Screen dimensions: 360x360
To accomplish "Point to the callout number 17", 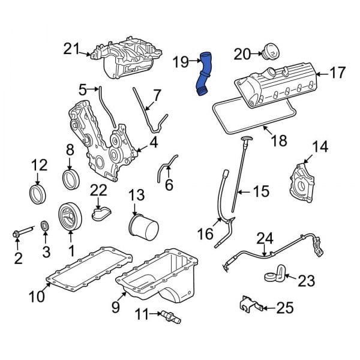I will click(338, 73).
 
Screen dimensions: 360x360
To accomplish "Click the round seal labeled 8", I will click(70, 178).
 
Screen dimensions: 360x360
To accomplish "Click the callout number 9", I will click(115, 308).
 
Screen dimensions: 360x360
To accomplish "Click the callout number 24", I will click(265, 239).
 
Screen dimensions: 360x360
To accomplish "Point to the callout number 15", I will click(261, 191).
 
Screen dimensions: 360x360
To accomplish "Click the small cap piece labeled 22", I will click(100, 212).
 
